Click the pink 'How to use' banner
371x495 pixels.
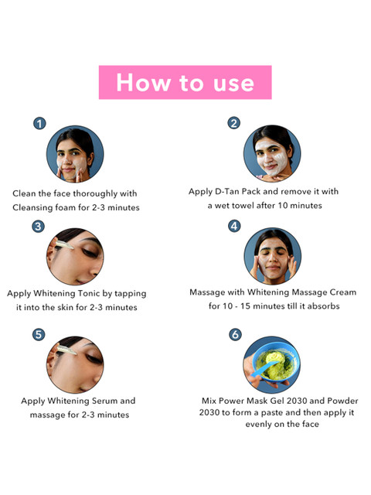185,83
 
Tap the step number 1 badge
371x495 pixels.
39,124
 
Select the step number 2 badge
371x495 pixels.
233,123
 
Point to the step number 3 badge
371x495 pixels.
38,227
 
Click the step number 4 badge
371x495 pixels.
234,226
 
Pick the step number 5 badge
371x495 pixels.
39,335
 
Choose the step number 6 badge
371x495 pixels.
235,335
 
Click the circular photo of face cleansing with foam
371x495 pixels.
75,154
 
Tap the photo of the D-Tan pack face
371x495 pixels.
272,153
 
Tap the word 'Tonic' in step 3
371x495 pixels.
89,294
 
